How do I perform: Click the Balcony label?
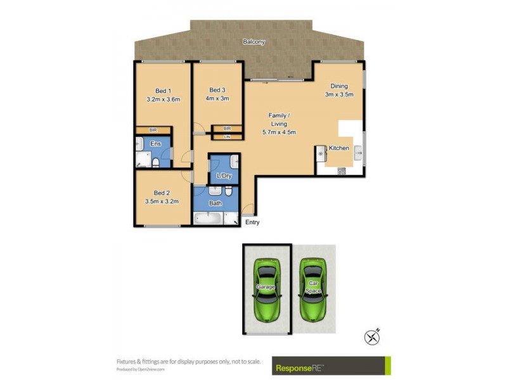tap(253, 42)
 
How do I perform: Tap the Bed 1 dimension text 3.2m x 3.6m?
tap(164, 99)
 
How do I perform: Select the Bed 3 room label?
tap(218, 89)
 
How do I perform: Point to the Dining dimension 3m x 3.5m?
tap(339, 94)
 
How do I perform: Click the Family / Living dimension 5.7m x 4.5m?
tap(279, 132)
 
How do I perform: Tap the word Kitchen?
tap(339, 148)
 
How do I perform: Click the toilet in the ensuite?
tap(156, 163)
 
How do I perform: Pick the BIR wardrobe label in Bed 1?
tap(153, 130)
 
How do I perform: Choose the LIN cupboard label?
tap(227, 136)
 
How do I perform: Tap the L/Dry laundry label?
tap(224, 175)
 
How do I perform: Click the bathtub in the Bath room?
tap(208, 218)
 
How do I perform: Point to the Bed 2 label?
tap(162, 193)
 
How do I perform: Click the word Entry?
tap(252, 222)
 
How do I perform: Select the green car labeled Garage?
tap(267, 288)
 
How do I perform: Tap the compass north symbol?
tap(372, 336)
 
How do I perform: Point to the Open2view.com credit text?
tap(140, 369)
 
